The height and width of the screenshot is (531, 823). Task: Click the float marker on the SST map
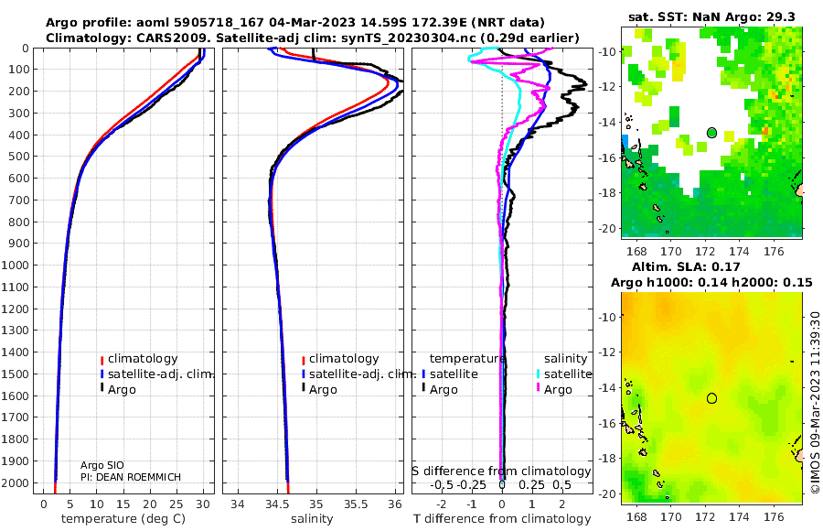click(x=711, y=133)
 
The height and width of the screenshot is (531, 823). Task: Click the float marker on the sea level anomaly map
click(x=711, y=398)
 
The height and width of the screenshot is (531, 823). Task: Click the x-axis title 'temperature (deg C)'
click(x=123, y=519)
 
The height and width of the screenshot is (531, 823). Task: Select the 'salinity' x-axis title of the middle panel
click(x=312, y=519)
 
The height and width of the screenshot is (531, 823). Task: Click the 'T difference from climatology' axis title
click(x=502, y=519)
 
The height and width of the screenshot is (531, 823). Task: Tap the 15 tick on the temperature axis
click(x=123, y=504)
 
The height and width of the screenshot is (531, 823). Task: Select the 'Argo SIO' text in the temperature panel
click(x=102, y=465)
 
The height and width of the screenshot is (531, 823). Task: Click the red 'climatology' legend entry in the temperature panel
click(x=139, y=359)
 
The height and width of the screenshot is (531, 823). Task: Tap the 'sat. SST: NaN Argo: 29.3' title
click(x=711, y=16)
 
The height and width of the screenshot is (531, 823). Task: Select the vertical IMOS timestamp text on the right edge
click(x=815, y=402)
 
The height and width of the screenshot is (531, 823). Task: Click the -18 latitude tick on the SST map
click(x=608, y=193)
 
